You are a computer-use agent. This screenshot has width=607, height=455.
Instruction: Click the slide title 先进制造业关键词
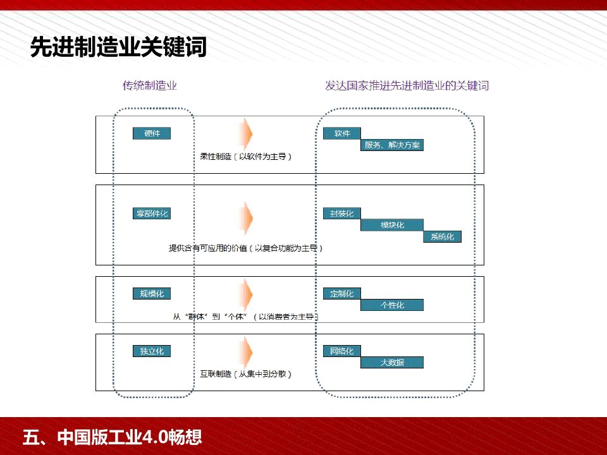119,47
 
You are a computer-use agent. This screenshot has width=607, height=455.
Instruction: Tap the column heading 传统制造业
150,86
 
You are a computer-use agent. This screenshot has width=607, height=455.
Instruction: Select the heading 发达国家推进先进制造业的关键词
407,86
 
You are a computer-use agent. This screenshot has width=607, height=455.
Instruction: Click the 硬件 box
152,133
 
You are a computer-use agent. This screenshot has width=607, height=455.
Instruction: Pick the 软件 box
341,133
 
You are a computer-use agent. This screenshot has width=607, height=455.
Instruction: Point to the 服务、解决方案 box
392,145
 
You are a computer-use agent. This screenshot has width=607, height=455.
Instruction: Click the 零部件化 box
152,214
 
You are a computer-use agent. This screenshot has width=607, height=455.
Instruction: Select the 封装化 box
341,214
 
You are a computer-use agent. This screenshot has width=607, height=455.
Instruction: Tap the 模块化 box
392,225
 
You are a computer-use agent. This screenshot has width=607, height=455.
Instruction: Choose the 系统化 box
443,237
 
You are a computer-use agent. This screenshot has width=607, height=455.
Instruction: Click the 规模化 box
152,293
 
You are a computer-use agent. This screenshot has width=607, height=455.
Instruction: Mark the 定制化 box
341,293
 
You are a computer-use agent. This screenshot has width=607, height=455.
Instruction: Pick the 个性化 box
392,305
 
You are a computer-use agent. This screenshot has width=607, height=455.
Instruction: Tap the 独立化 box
152,351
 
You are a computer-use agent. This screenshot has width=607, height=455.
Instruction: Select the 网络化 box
341,351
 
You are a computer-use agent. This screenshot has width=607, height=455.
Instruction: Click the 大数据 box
392,362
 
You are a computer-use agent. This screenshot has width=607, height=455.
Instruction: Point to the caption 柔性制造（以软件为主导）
246,155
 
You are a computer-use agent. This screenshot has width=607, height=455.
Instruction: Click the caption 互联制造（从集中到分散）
246,374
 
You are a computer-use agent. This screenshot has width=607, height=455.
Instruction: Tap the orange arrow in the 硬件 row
246,133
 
